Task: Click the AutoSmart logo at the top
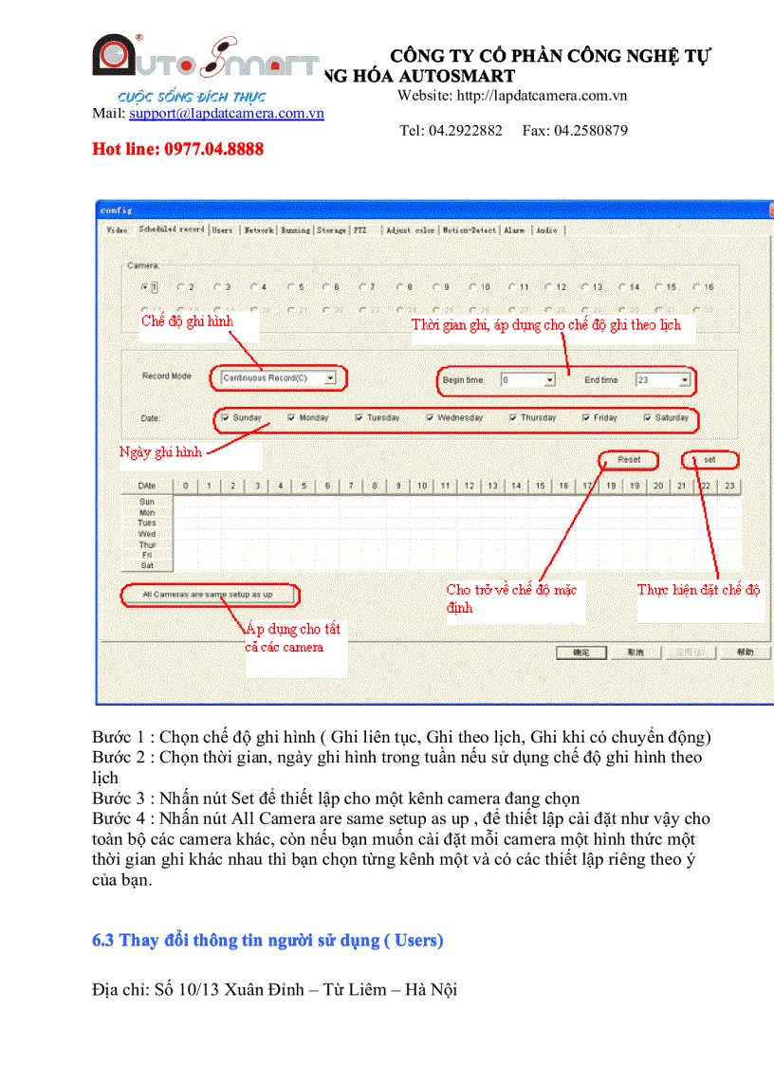(205, 62)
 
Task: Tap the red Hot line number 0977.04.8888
(177, 149)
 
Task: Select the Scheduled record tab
(172, 230)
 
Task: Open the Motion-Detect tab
(469, 230)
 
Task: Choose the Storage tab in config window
(332, 230)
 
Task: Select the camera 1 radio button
(144, 286)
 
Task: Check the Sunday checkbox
(226, 417)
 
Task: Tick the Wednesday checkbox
(431, 417)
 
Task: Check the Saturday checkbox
(648, 417)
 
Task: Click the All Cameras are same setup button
(208, 595)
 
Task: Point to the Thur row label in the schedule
(147, 544)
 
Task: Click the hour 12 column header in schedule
(469, 486)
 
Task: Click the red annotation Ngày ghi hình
(161, 452)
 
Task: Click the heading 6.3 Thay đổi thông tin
(267, 941)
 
